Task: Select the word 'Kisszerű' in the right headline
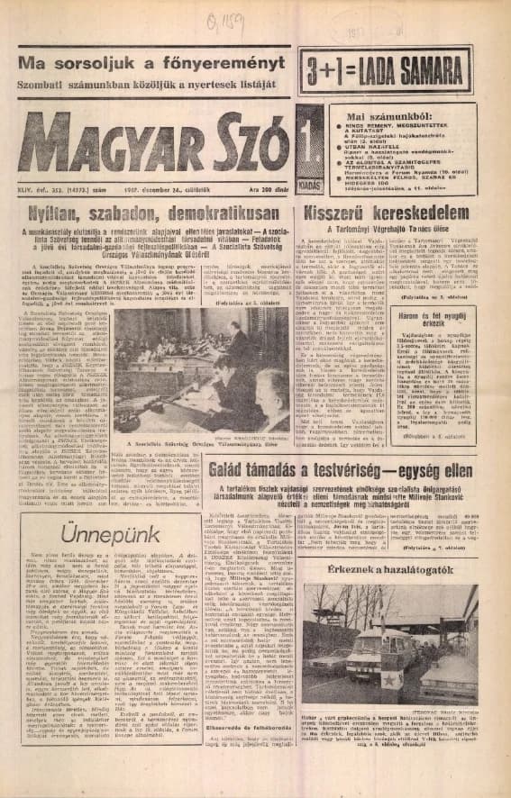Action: tap(339, 190)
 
